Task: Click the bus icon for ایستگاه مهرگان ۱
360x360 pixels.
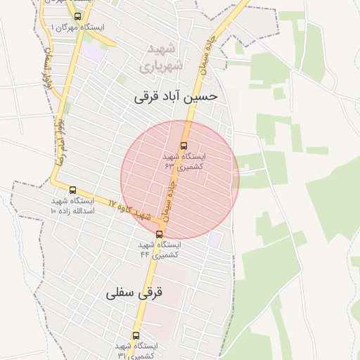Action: [x=77, y=16]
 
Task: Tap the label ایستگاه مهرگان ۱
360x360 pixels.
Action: [x=77, y=27]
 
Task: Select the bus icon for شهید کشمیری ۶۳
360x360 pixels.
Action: [x=184, y=146]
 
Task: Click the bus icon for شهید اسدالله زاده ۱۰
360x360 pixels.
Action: [x=72, y=190]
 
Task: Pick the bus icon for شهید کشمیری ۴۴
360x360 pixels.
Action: [x=159, y=234]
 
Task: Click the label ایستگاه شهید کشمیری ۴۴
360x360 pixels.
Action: [x=159, y=249]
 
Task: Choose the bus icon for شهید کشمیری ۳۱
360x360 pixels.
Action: [x=136, y=335]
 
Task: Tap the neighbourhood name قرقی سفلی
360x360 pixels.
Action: [x=134, y=292]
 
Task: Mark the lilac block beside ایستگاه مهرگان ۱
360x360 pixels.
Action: [x=91, y=51]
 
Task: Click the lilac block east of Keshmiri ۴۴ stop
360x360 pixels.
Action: [x=213, y=239]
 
